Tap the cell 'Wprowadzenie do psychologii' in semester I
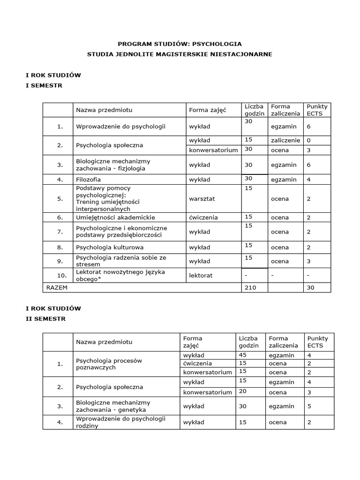(x=120, y=127)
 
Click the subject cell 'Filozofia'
(x=89, y=180)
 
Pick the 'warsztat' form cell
(x=202, y=199)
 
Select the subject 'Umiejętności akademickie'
(x=115, y=217)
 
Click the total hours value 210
(x=251, y=288)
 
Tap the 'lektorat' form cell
(x=201, y=276)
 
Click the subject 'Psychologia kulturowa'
(x=110, y=247)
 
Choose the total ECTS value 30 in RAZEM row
(x=311, y=288)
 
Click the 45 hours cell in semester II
(x=243, y=355)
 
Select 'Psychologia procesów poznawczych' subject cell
(x=109, y=364)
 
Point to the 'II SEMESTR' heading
(x=45, y=319)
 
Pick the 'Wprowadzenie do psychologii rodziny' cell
(x=121, y=422)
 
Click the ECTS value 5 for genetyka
(x=309, y=406)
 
